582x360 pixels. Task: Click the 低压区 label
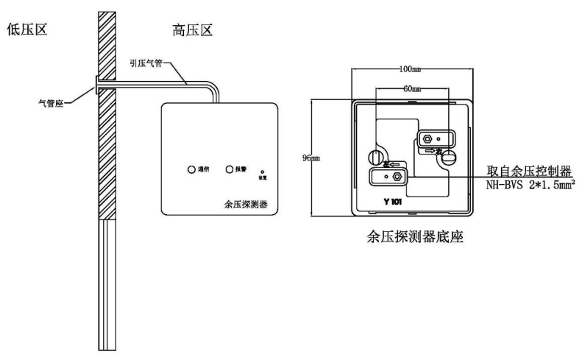(x=27, y=32)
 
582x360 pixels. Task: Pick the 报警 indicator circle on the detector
(x=229, y=169)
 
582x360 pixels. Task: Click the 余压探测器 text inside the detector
(x=246, y=204)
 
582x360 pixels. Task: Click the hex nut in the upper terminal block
(x=427, y=137)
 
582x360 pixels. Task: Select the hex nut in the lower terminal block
(x=397, y=177)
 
